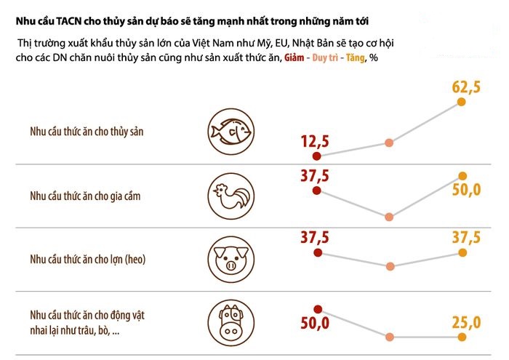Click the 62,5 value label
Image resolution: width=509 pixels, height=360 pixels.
466,87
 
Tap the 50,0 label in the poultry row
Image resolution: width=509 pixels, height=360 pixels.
466,191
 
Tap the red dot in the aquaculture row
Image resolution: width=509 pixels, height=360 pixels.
316,155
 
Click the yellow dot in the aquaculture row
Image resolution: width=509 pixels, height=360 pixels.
462,102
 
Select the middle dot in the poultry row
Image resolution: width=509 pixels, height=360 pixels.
390,216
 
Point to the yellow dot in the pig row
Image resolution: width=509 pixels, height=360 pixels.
462,253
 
